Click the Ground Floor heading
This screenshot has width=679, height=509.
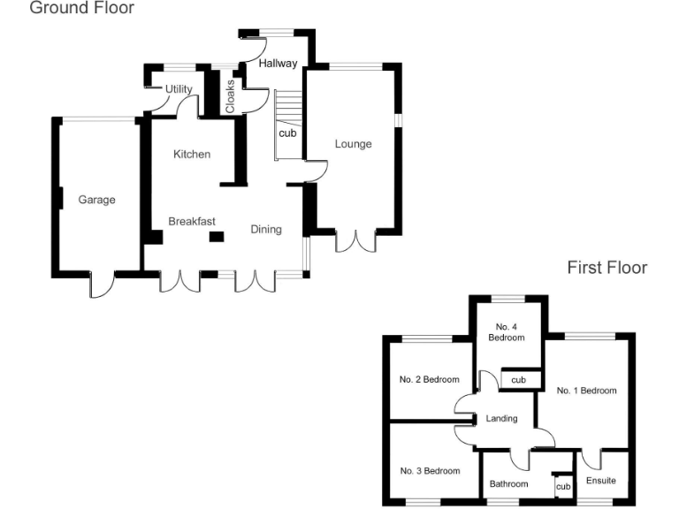click(82, 9)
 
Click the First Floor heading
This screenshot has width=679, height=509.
click(607, 267)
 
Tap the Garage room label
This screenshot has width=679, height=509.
click(96, 200)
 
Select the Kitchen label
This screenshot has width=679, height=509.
click(192, 155)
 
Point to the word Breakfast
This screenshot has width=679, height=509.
click(192, 221)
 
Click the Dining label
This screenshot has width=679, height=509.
click(266, 230)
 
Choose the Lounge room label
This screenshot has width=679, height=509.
click(353, 144)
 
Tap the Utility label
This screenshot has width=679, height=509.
click(179, 89)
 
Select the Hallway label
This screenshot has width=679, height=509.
click(278, 63)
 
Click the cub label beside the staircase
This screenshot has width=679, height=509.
click(287, 133)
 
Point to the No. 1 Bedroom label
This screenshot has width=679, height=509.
click(586, 390)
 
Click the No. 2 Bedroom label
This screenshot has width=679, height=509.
click(430, 380)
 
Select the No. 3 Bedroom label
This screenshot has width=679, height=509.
click(430, 471)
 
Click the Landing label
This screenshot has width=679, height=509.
click(501, 419)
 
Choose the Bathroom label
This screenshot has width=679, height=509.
click(509, 484)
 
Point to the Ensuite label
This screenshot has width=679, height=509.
click(601, 481)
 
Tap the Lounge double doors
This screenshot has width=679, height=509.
click(356, 241)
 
